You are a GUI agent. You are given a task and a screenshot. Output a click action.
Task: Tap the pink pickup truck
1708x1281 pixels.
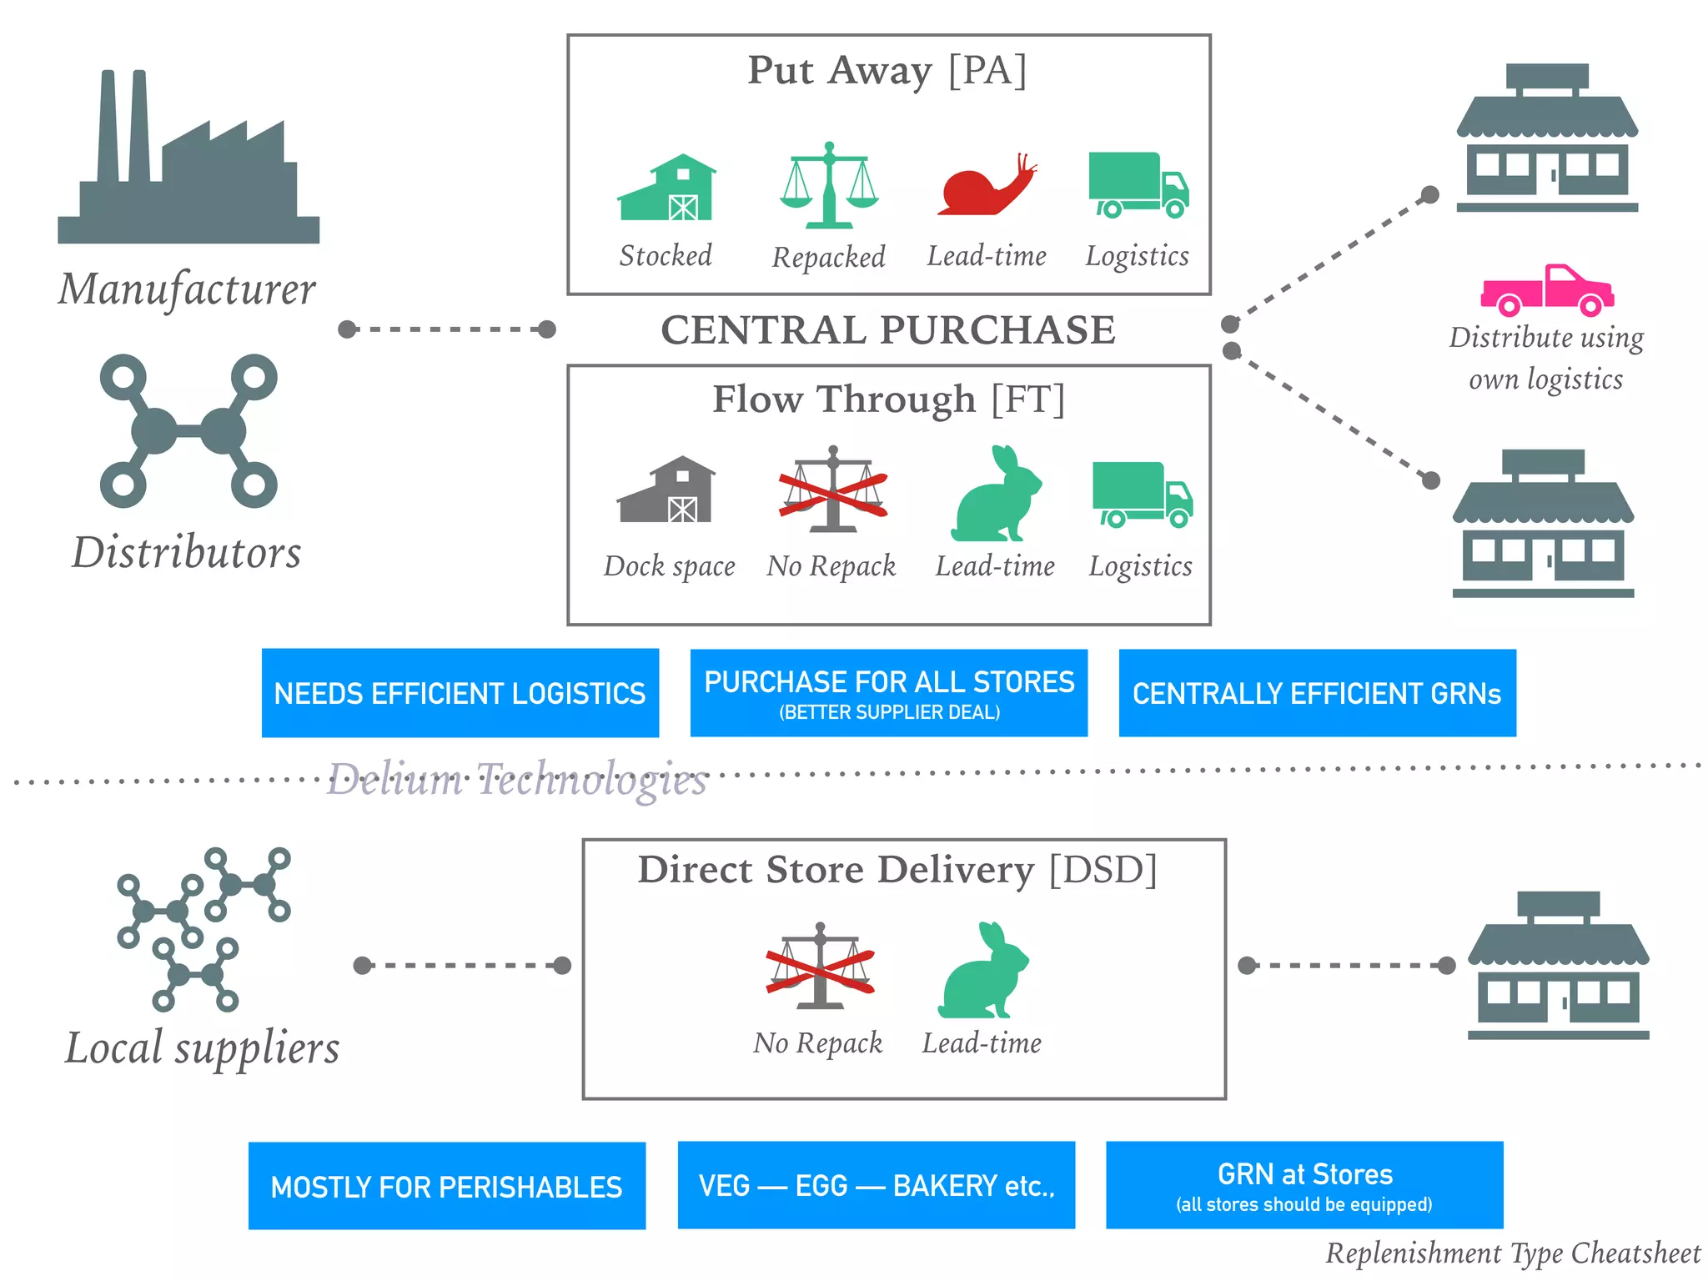1547,290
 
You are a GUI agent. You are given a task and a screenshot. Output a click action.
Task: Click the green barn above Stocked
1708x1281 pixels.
666,188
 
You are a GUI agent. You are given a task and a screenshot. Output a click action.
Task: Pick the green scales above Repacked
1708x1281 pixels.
829,186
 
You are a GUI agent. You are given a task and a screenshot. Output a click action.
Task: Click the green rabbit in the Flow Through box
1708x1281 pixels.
997,495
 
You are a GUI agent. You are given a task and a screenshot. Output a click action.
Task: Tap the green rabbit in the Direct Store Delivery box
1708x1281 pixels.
984,972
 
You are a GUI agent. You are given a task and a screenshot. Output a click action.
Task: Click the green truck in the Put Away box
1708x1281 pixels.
1138,185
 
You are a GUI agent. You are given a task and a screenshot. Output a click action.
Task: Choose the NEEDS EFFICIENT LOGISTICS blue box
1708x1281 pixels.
460,693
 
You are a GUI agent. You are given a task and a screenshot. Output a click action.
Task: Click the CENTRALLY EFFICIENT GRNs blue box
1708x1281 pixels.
1317,693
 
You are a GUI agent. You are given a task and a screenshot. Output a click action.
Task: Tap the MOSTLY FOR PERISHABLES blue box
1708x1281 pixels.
446,1186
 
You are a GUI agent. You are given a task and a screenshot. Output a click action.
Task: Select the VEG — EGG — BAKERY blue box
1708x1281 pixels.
876,1185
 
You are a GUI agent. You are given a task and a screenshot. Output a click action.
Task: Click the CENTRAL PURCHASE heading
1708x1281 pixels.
888,330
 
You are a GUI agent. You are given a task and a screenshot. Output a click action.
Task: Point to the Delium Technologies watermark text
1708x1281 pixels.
516,780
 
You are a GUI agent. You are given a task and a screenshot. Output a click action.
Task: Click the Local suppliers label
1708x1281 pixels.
203,1048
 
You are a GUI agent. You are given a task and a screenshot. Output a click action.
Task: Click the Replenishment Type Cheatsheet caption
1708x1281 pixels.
1512,1253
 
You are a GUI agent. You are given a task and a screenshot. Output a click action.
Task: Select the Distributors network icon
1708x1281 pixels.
188,431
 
